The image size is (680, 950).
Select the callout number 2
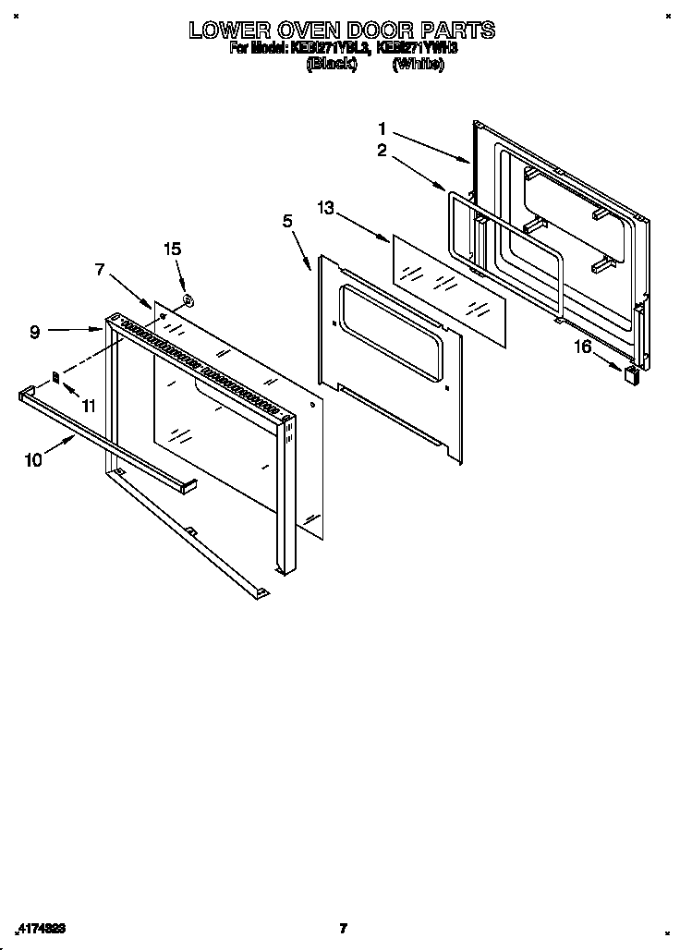pos(382,151)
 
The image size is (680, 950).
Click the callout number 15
pos(173,249)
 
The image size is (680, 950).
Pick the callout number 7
pos(101,269)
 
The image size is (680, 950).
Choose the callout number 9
pos(34,332)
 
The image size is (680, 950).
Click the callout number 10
pos(33,459)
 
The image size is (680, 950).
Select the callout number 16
pos(582,347)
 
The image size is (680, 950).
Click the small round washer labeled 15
pos(187,298)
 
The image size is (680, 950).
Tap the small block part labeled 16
pos(631,373)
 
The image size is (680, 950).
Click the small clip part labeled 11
pos(55,378)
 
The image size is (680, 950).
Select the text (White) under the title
pos(419,64)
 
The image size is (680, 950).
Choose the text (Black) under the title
pos(332,64)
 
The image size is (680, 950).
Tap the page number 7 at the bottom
pos(342,928)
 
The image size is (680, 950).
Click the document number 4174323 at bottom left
pos(40,928)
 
